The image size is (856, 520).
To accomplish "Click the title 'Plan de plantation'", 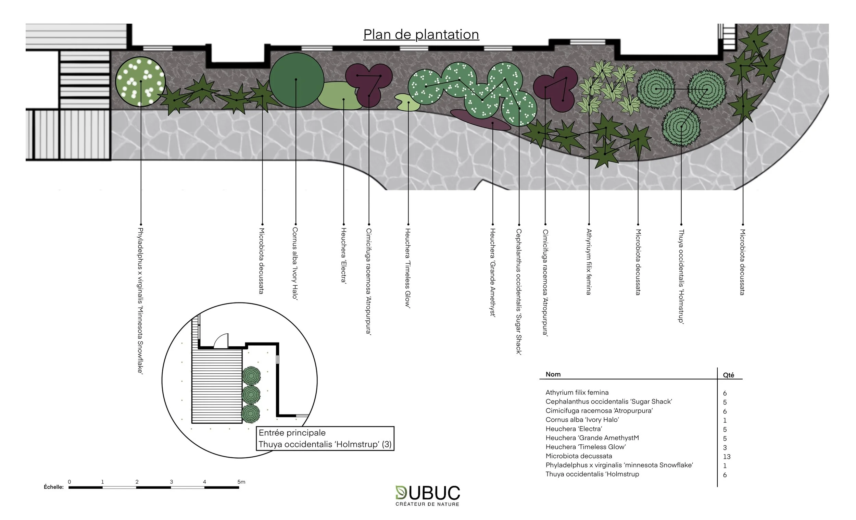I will tap(421, 34).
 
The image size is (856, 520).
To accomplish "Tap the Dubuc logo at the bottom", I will tap(428, 495).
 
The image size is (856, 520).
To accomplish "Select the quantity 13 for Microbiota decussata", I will tap(727, 456).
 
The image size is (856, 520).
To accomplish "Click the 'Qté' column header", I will tap(728, 375).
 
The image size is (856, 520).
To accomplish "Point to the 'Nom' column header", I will tap(553, 374).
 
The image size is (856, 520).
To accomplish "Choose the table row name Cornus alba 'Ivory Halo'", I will tap(582, 420).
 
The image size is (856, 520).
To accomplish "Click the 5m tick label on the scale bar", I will tap(241, 482).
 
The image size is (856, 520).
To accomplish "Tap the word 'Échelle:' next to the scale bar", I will tap(54, 487).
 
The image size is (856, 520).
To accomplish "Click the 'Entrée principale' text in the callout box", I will tap(292, 433).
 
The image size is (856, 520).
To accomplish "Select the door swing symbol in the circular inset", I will tap(221, 341).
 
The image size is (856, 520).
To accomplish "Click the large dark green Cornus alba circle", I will tap(296, 80).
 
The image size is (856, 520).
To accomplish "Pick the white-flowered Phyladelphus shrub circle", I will tap(140, 81).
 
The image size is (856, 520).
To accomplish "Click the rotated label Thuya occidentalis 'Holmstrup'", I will tap(681, 276).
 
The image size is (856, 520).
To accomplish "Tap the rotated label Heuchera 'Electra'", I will tap(343, 256).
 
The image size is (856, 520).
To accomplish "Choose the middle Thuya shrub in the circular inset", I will tap(251, 395).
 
